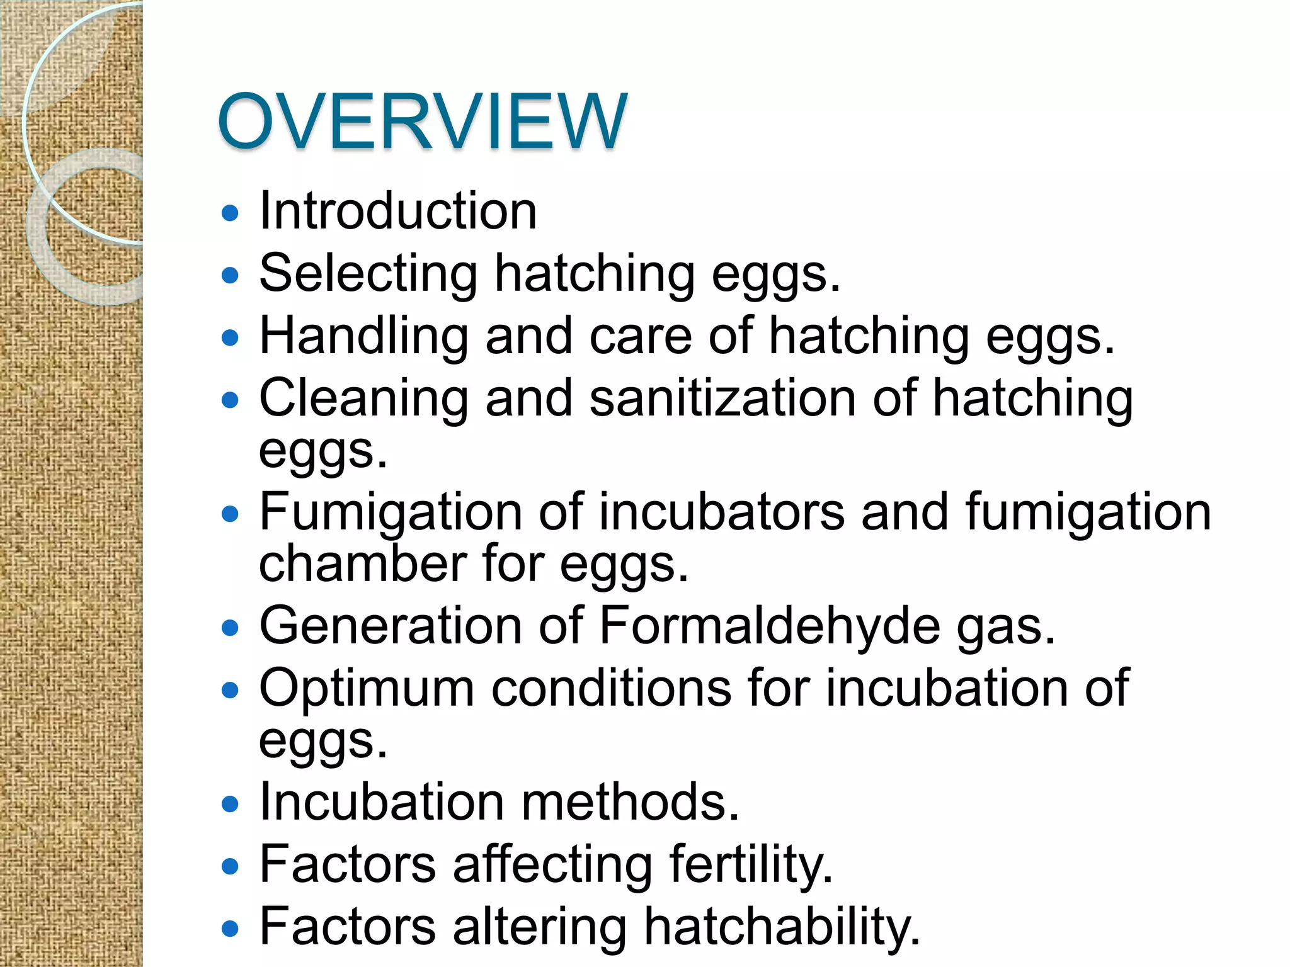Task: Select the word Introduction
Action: point(398,211)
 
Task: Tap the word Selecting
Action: point(368,274)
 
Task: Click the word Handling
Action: point(363,336)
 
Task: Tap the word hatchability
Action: point(782,927)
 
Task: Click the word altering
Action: point(540,927)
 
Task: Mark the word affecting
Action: point(552,864)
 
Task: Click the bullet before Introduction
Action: point(231,213)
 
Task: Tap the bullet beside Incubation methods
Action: point(231,804)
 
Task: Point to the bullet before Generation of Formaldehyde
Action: point(231,628)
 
